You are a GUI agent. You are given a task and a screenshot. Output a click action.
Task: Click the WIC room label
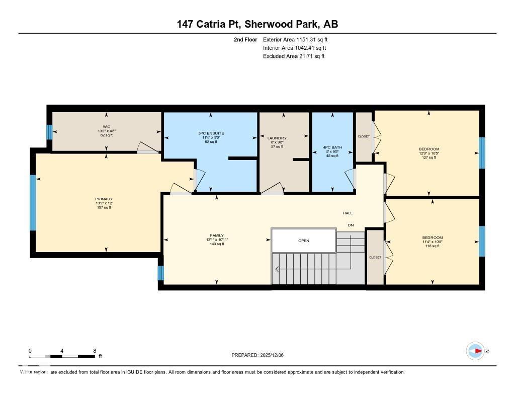click(x=106, y=127)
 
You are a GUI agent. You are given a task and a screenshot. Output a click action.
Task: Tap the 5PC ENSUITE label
click(x=211, y=133)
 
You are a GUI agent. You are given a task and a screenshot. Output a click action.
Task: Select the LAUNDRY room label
click(x=277, y=138)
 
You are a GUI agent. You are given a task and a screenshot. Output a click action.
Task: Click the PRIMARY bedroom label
click(x=104, y=199)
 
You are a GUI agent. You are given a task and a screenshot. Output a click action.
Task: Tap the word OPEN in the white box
click(x=303, y=241)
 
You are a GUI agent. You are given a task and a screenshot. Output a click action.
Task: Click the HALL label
click(x=348, y=213)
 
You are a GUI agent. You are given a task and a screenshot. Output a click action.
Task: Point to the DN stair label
click(x=351, y=225)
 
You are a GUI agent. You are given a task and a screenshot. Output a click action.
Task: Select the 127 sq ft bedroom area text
click(x=429, y=157)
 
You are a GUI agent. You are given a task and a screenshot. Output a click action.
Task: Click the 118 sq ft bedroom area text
click(x=432, y=246)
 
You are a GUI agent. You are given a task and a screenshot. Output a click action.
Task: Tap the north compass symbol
click(x=475, y=351)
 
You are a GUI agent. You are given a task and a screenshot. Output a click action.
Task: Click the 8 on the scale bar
click(x=95, y=350)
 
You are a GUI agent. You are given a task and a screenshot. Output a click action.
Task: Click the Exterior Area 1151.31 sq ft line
click(x=295, y=39)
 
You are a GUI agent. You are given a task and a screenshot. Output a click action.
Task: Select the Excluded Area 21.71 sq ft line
click(x=294, y=56)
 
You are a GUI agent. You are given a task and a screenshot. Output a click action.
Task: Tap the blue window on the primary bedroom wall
click(x=33, y=202)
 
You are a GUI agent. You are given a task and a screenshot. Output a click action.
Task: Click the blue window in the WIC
click(x=49, y=132)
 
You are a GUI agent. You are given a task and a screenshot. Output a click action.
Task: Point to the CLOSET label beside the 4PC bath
click(x=363, y=136)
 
